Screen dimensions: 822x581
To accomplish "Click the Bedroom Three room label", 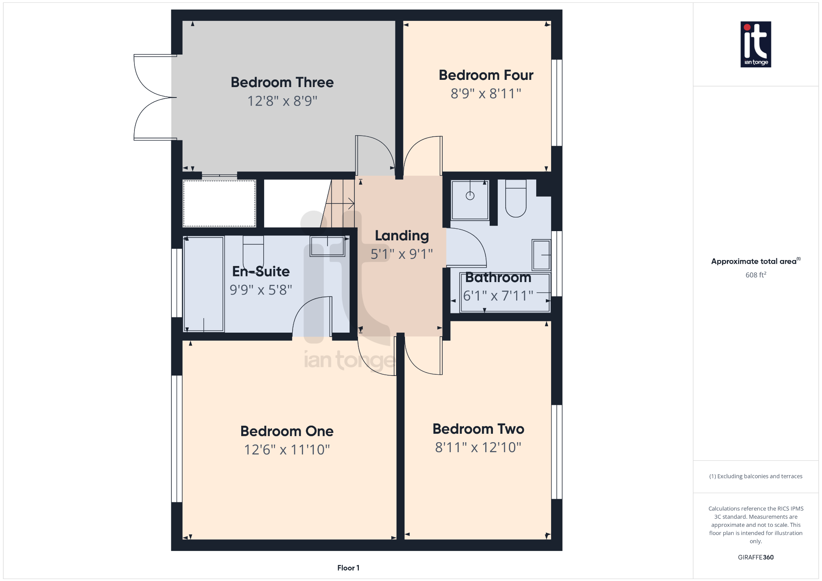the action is click(282, 82).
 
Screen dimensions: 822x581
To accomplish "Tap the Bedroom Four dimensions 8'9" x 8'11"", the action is click(486, 93).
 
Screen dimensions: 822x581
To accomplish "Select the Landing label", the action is click(402, 236).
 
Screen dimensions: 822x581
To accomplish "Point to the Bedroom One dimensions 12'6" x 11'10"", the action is click(287, 450).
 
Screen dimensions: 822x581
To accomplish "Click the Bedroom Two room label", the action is click(478, 429).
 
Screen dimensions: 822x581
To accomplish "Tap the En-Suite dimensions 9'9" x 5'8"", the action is click(261, 290).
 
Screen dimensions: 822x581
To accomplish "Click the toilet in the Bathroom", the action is click(516, 199).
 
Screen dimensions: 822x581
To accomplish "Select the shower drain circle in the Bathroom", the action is click(470, 196).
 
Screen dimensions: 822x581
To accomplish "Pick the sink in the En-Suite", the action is click(328, 246).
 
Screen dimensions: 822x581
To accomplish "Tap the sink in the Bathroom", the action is click(541, 255).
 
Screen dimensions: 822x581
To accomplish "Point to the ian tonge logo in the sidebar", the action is click(756, 44).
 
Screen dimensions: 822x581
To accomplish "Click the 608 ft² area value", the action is click(756, 275).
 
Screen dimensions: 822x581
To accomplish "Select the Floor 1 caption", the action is click(348, 568).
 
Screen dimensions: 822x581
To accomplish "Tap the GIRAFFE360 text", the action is click(756, 557).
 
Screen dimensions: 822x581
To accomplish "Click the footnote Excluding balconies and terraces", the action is click(756, 476).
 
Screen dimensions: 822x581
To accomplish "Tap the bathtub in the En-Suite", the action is click(203, 284).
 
